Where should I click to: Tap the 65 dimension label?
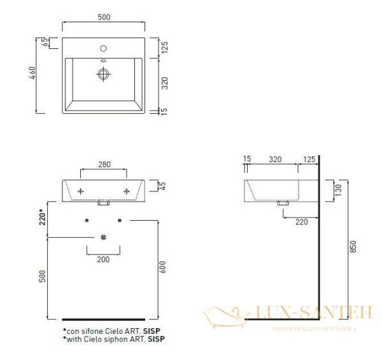(x=45, y=43)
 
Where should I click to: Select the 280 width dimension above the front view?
(x=104, y=165)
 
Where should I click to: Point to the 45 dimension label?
(x=162, y=186)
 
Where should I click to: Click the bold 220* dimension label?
(x=42, y=218)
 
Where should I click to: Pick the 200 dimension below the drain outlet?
(x=103, y=260)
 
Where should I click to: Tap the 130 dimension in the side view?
(x=338, y=190)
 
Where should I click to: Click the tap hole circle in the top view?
(x=103, y=48)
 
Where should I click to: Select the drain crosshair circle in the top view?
(x=103, y=74)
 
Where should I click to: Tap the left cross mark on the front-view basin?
(x=80, y=191)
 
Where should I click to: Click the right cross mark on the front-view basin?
(x=127, y=191)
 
